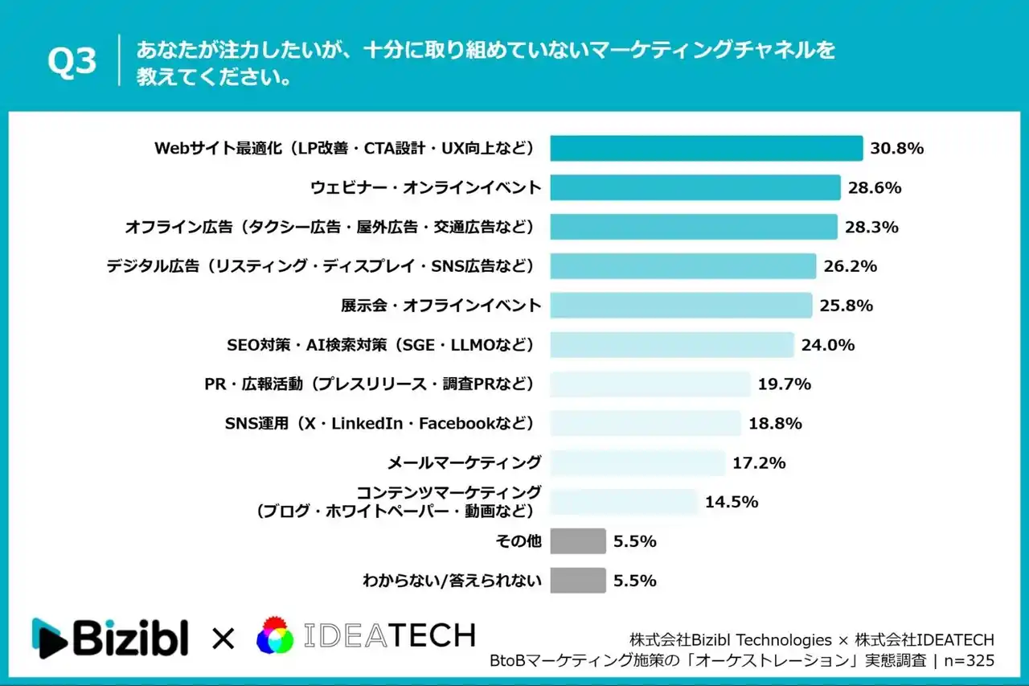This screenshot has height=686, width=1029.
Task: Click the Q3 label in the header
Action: click(72, 62)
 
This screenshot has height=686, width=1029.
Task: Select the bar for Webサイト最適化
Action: click(706, 148)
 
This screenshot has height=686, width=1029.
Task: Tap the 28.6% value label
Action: click(875, 188)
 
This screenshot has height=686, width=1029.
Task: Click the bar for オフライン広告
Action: click(694, 227)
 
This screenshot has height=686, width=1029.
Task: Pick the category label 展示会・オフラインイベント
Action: click(441, 306)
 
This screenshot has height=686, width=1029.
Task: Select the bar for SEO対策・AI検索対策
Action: click(672, 345)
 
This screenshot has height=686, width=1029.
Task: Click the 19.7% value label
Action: click(785, 384)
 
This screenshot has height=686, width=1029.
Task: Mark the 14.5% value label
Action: click(732, 502)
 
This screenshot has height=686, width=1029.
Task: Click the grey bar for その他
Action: click(578, 541)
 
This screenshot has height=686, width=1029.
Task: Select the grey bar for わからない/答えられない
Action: click(578, 581)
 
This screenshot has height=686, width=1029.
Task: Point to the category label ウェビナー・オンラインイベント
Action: click(425, 188)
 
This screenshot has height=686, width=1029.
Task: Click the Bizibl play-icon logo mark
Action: click(48, 638)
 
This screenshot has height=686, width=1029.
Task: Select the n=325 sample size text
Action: click(968, 661)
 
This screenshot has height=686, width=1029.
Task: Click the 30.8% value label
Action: click(896, 149)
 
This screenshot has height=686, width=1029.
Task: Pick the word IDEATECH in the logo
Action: click(389, 636)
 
